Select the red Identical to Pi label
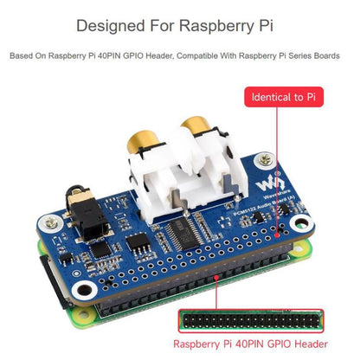tap(286, 96)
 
